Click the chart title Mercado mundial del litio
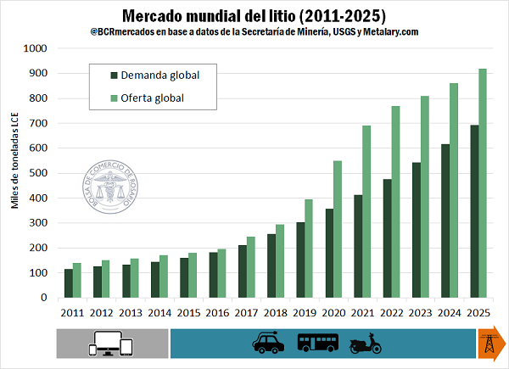click(x=255, y=15)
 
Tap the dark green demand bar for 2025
click(x=473, y=211)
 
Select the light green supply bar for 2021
click(x=366, y=211)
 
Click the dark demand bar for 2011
click(x=69, y=283)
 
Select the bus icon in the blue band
click(x=318, y=343)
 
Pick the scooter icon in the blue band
click(x=366, y=343)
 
